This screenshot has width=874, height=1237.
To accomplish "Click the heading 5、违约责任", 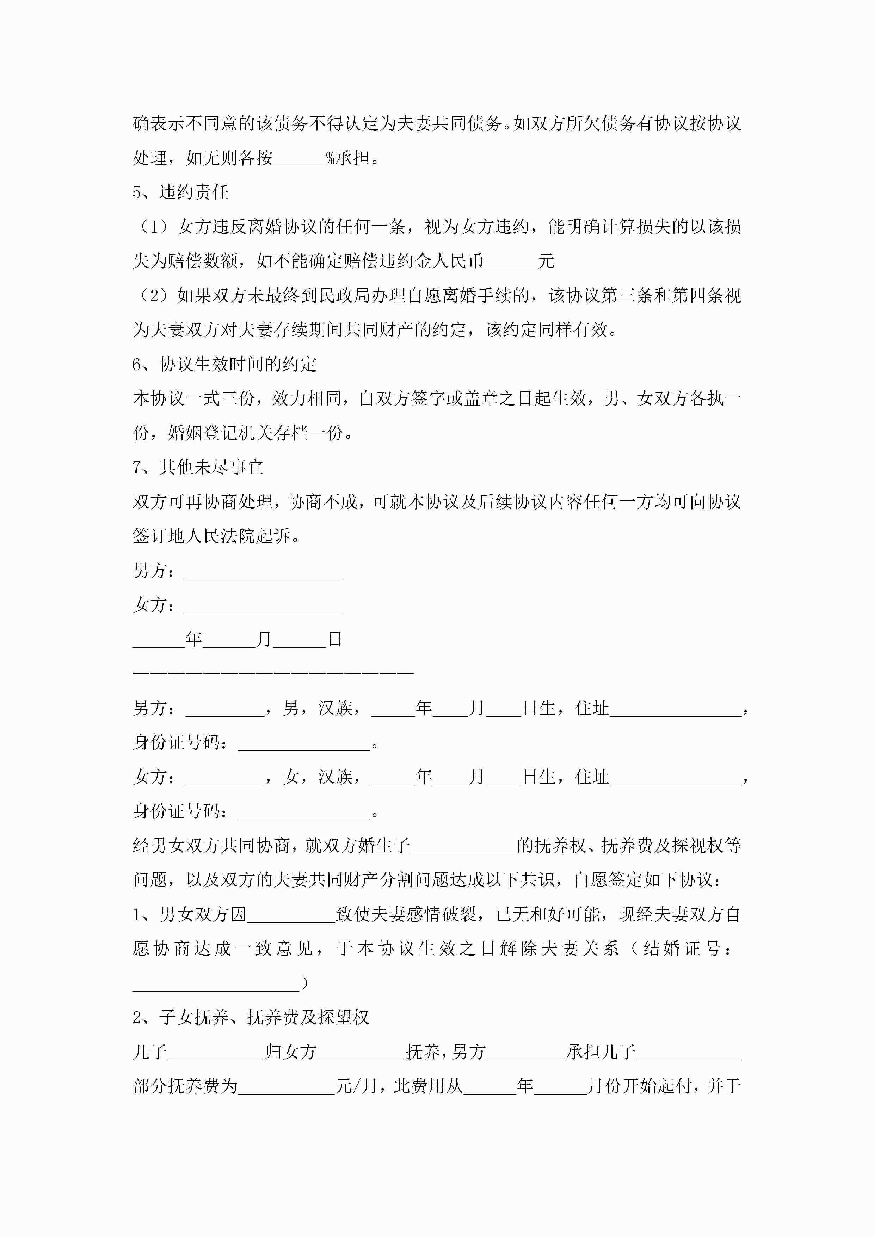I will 180,192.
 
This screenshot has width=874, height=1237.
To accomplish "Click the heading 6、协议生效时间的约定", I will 224,365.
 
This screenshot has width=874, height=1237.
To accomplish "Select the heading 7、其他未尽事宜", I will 198,467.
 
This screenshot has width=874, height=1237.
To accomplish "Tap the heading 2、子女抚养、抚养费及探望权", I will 251,1018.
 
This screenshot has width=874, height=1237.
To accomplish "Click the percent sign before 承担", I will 331,158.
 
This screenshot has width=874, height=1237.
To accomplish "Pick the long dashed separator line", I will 273,673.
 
